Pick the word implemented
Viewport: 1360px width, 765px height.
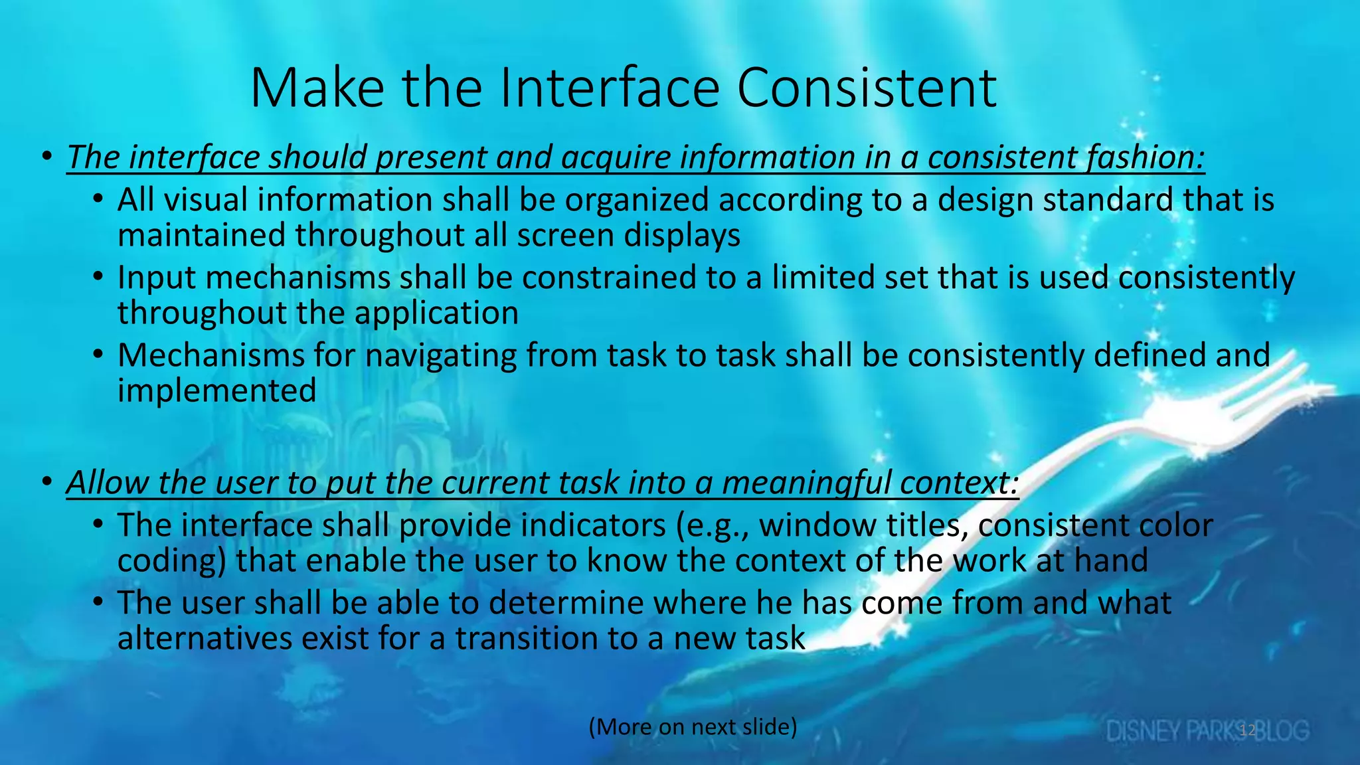point(216,390)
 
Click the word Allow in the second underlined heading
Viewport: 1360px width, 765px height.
point(108,482)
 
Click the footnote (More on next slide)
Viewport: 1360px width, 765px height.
point(693,726)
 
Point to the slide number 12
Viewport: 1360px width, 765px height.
point(1248,730)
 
